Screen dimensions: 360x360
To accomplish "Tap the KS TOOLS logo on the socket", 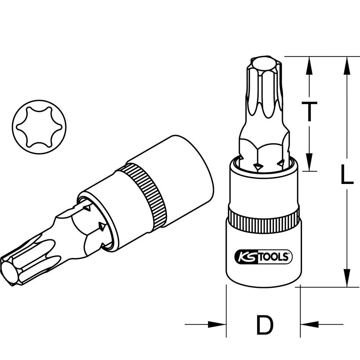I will (x=264, y=256).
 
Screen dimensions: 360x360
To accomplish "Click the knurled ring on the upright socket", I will (x=264, y=218).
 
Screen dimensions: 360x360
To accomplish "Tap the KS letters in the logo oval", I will (x=245, y=257).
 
